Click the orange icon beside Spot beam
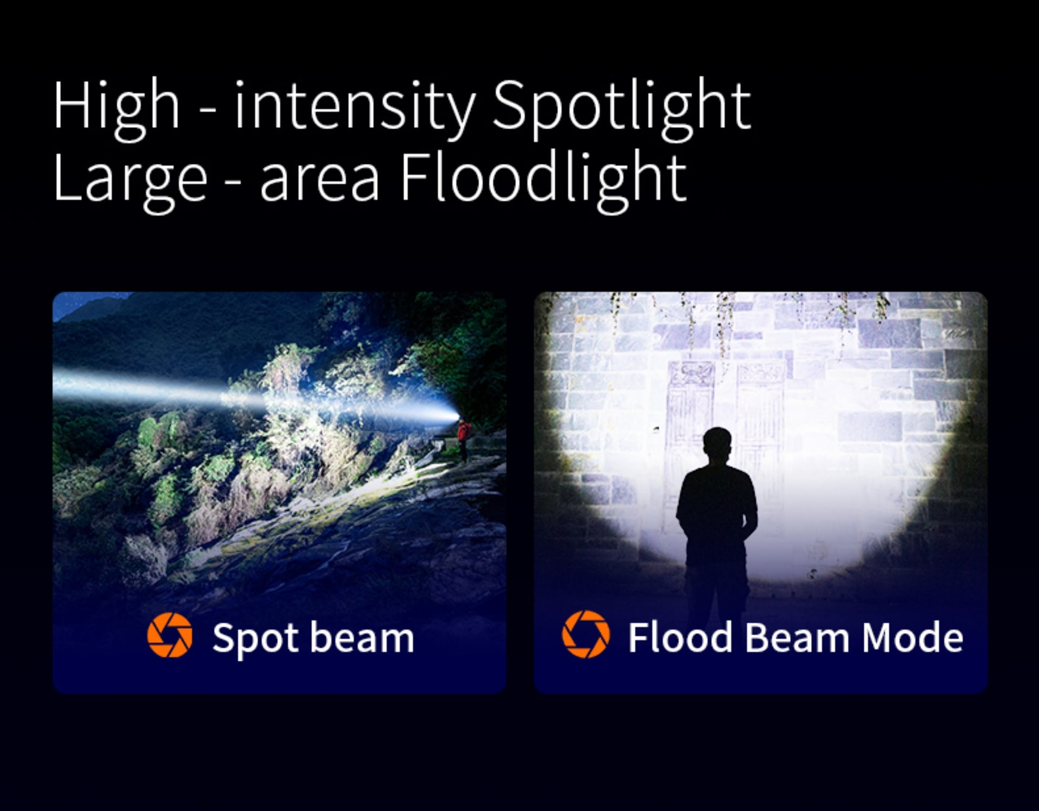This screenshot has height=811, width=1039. pyautogui.click(x=170, y=635)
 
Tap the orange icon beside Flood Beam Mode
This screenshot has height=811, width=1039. pyautogui.click(x=586, y=634)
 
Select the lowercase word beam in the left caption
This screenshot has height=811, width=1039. pyautogui.click(x=362, y=637)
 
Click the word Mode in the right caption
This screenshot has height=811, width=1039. pyautogui.click(x=912, y=637)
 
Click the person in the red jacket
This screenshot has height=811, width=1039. pyautogui.click(x=463, y=439)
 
